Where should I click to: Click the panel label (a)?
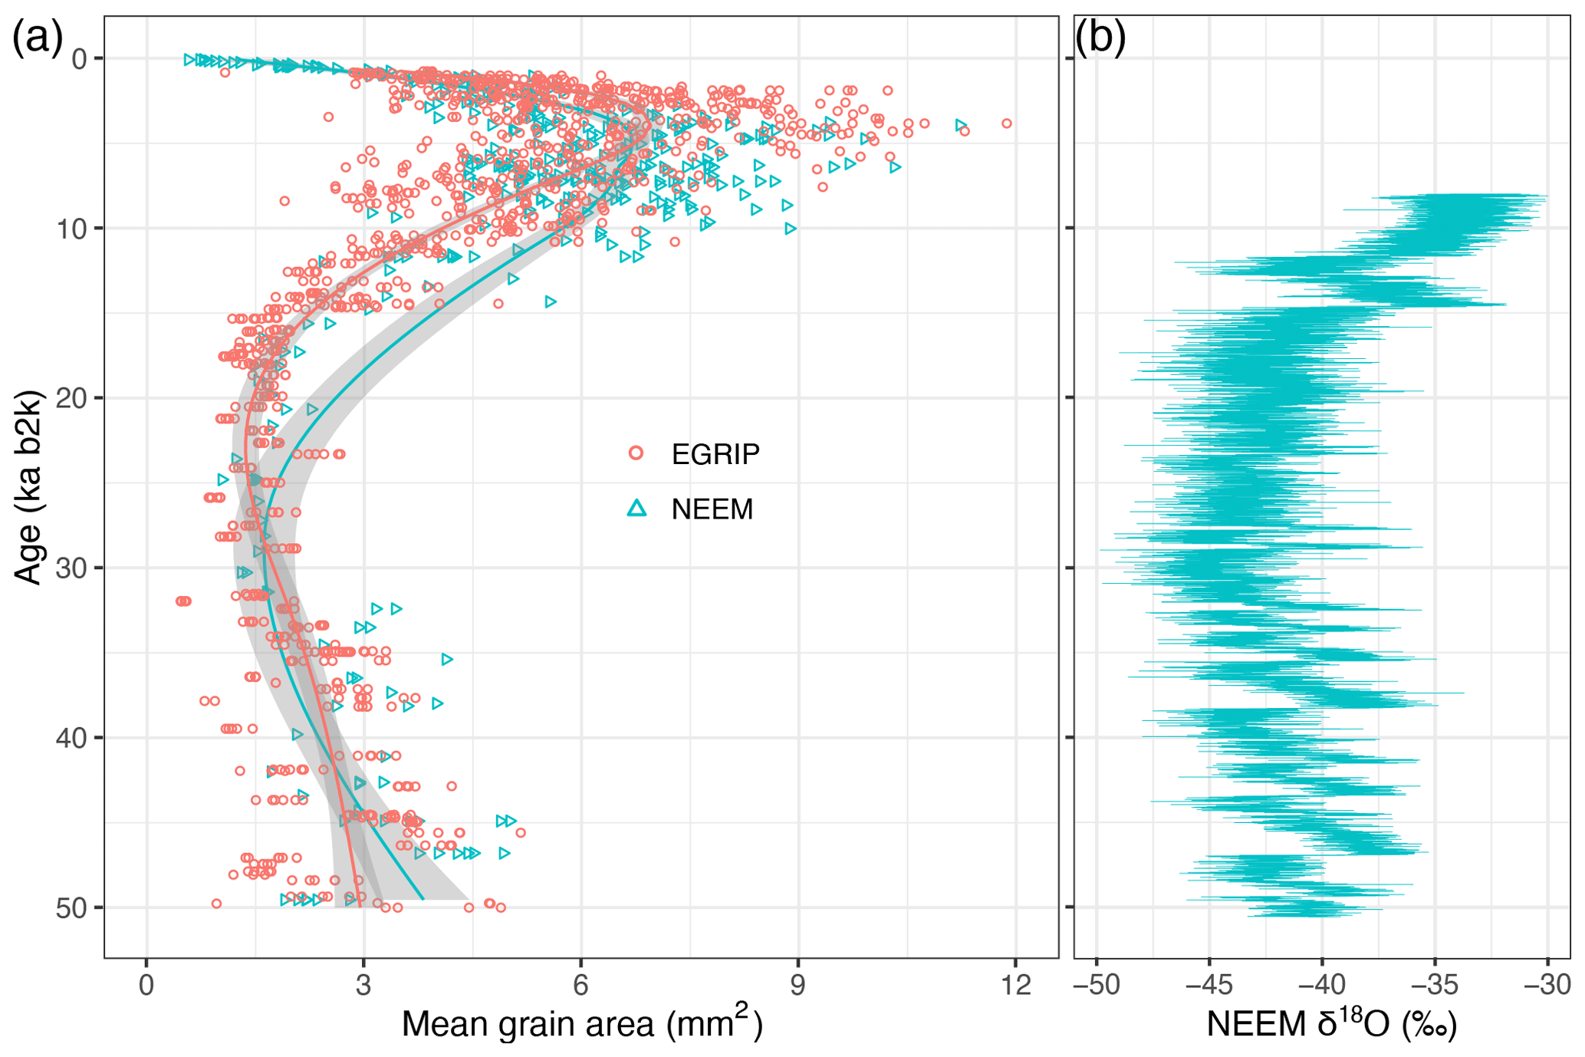37,38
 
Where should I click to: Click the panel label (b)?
1100,38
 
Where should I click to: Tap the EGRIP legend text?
715,454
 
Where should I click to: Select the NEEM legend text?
712,509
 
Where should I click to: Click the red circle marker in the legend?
636,453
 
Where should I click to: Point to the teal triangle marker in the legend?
636,508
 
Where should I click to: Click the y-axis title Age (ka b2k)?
28,487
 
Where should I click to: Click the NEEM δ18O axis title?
1331,1023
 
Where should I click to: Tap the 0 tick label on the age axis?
79,59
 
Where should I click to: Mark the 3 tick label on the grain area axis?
363,985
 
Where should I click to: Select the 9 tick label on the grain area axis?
798,985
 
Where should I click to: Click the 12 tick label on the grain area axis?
1015,985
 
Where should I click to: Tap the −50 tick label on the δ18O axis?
1097,985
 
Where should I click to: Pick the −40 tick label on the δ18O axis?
1322,985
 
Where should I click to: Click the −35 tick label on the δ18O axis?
1435,985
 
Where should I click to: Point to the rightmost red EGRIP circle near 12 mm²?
1007,123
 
